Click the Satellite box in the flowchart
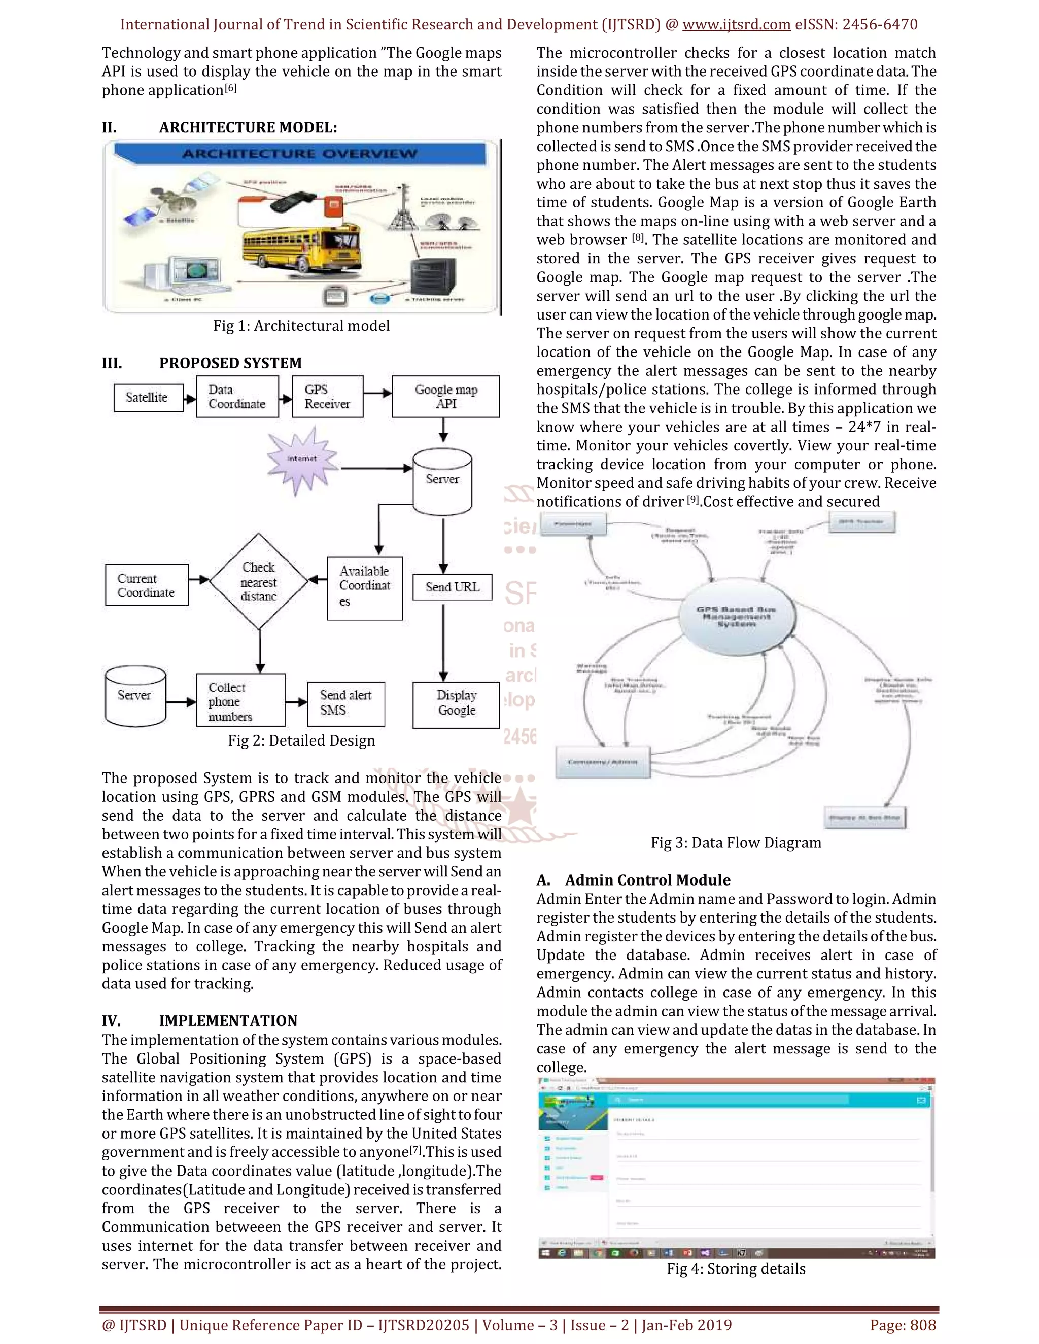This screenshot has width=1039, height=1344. click(x=148, y=398)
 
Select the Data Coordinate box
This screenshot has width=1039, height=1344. click(x=237, y=397)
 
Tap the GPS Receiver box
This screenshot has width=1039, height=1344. click(x=327, y=397)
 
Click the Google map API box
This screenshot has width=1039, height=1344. click(x=445, y=397)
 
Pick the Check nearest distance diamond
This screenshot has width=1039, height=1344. click(x=259, y=582)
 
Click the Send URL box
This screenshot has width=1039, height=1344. click(x=453, y=587)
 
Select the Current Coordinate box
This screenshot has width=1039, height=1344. click(x=147, y=585)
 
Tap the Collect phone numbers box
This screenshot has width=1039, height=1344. click(x=240, y=701)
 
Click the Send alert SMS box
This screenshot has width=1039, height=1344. click(x=346, y=703)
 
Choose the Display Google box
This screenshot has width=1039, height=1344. click(x=456, y=704)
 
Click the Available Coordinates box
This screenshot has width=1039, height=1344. click(x=365, y=588)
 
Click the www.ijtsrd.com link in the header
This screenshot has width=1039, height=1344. click(x=736, y=25)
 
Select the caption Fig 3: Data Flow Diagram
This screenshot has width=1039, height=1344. click(x=736, y=843)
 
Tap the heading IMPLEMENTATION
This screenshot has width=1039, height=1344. click(x=228, y=1021)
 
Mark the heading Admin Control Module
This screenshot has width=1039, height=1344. click(x=647, y=880)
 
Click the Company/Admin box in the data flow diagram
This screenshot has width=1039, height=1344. click(x=603, y=762)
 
